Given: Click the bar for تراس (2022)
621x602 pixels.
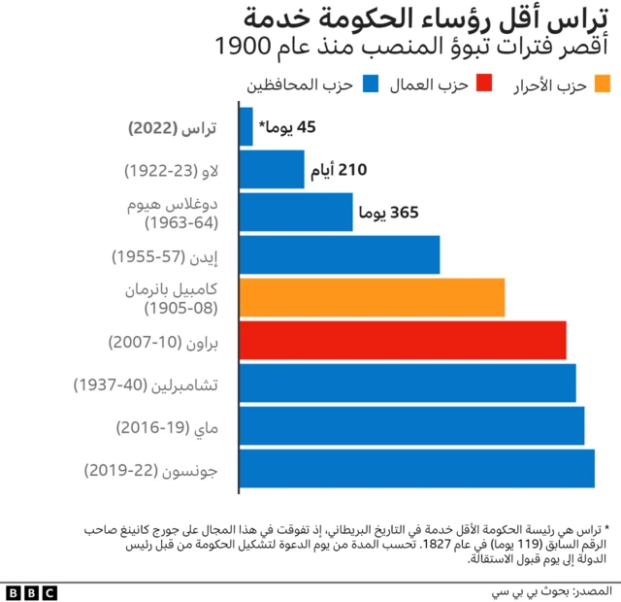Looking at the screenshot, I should click(x=245, y=126).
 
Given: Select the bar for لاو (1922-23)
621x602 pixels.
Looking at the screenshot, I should click(x=271, y=169).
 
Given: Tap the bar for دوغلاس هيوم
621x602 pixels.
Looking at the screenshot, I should click(x=295, y=212).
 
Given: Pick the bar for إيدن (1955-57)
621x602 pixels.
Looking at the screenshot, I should click(x=339, y=254).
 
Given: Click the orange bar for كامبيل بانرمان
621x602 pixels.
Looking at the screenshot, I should click(x=371, y=297).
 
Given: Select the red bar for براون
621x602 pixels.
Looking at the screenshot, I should click(x=402, y=340).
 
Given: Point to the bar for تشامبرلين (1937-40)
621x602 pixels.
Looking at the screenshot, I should click(x=407, y=383).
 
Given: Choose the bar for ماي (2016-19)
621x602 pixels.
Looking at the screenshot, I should click(x=410, y=425).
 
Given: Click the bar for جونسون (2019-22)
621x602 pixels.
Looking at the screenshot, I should click(x=416, y=468).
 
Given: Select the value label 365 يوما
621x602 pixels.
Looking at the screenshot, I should click(x=388, y=212).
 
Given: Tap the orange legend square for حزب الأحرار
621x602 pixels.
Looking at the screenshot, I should click(x=602, y=84).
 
